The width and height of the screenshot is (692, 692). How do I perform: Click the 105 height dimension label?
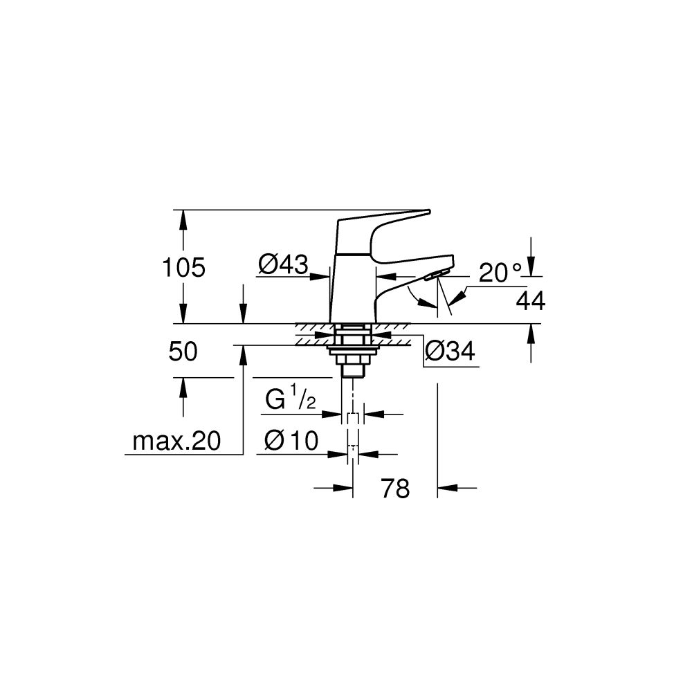point(183,267)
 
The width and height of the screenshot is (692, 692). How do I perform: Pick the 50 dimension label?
point(183,352)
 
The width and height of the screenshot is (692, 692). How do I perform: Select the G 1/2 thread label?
point(291,400)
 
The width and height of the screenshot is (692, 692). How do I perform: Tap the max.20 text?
point(176,441)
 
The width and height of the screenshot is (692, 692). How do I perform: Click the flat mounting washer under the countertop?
point(354,349)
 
